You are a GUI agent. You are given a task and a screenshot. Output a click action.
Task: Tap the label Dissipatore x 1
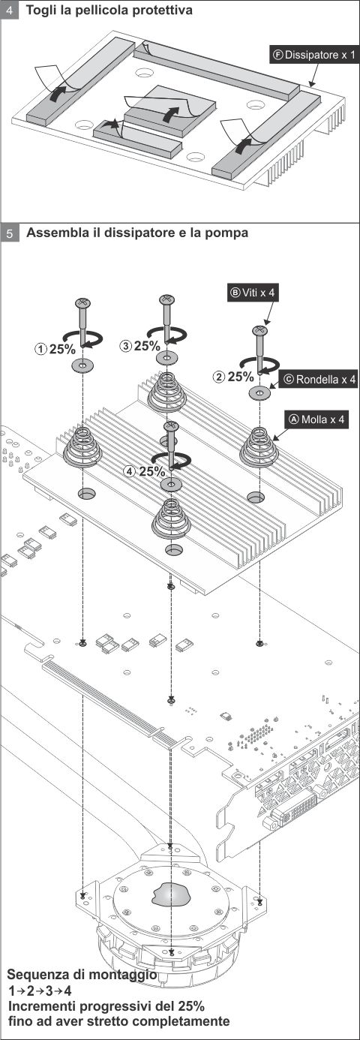point(314,55)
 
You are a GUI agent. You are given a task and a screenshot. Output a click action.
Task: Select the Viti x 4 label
point(253,293)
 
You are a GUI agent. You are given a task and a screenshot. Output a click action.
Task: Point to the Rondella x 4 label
point(319,380)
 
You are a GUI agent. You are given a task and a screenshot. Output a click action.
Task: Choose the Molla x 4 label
point(316,419)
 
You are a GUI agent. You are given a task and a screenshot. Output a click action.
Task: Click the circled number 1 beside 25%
point(41,347)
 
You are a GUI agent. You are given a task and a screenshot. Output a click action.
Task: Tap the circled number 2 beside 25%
point(218,377)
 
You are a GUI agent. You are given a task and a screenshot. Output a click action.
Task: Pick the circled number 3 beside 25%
point(126,345)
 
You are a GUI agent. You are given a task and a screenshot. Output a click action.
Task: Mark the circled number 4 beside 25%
point(130,471)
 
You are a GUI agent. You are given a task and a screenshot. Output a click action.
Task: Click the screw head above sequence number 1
point(82,302)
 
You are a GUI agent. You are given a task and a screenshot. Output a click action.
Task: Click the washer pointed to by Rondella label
point(259,393)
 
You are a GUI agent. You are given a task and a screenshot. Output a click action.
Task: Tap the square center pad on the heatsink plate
point(170,111)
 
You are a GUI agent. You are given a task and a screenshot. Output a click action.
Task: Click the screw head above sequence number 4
point(171,425)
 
